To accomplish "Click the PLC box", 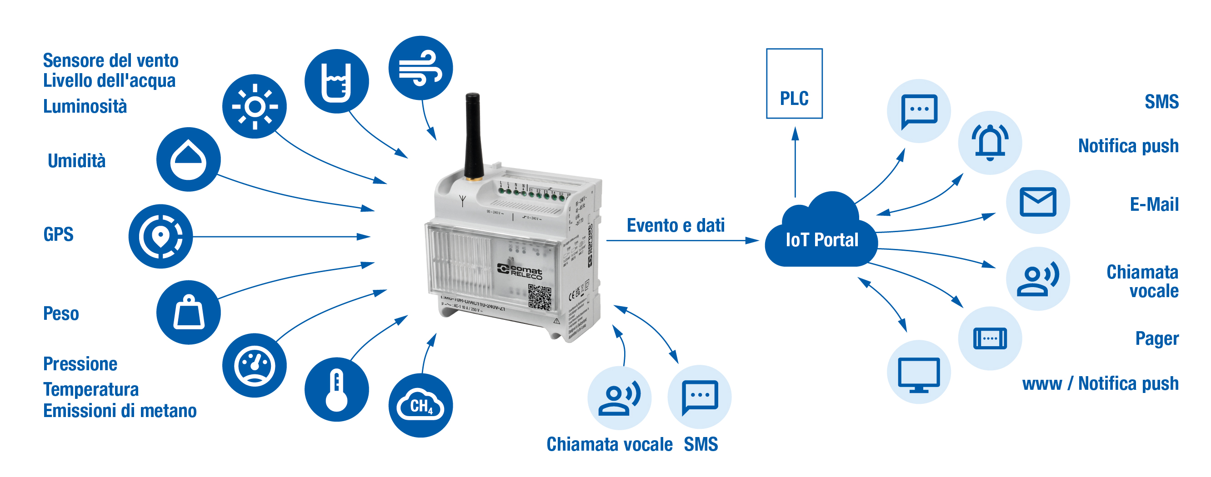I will pyautogui.click(x=794, y=84).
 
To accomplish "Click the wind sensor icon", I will pyautogui.click(x=420, y=68).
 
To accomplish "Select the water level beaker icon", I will pyautogui.click(x=336, y=81).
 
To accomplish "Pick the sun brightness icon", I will pyautogui.click(x=254, y=106).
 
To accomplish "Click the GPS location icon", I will pyautogui.click(x=160, y=236).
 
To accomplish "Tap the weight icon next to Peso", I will pyautogui.click(x=189, y=312).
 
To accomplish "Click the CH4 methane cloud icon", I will pyautogui.click(x=420, y=405).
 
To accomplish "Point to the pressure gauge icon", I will pyautogui.click(x=254, y=365).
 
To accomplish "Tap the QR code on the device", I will pyautogui.click(x=539, y=297).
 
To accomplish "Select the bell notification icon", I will pyautogui.click(x=990, y=142).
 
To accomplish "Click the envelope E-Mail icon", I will pyautogui.click(x=1037, y=202).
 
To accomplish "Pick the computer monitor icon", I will pyautogui.click(x=919, y=372).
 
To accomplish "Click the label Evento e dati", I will pyautogui.click(x=675, y=226).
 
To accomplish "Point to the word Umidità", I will pyautogui.click(x=77, y=161).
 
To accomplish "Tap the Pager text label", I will pyautogui.click(x=1156, y=338).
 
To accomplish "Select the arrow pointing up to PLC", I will pyautogui.click(x=795, y=162).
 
